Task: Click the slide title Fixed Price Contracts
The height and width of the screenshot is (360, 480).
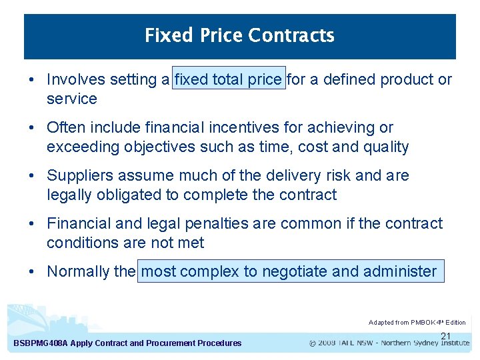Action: pos(239,35)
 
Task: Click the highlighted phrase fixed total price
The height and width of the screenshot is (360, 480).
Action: pos(228,80)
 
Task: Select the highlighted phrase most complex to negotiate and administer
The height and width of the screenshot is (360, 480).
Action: pos(289,271)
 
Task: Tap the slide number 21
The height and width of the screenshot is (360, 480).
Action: pos(447,336)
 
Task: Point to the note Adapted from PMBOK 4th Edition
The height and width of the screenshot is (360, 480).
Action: pos(417,323)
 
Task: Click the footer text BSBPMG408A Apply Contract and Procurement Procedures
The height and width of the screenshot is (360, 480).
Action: pos(127,343)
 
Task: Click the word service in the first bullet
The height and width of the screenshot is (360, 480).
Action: pos(71,99)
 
